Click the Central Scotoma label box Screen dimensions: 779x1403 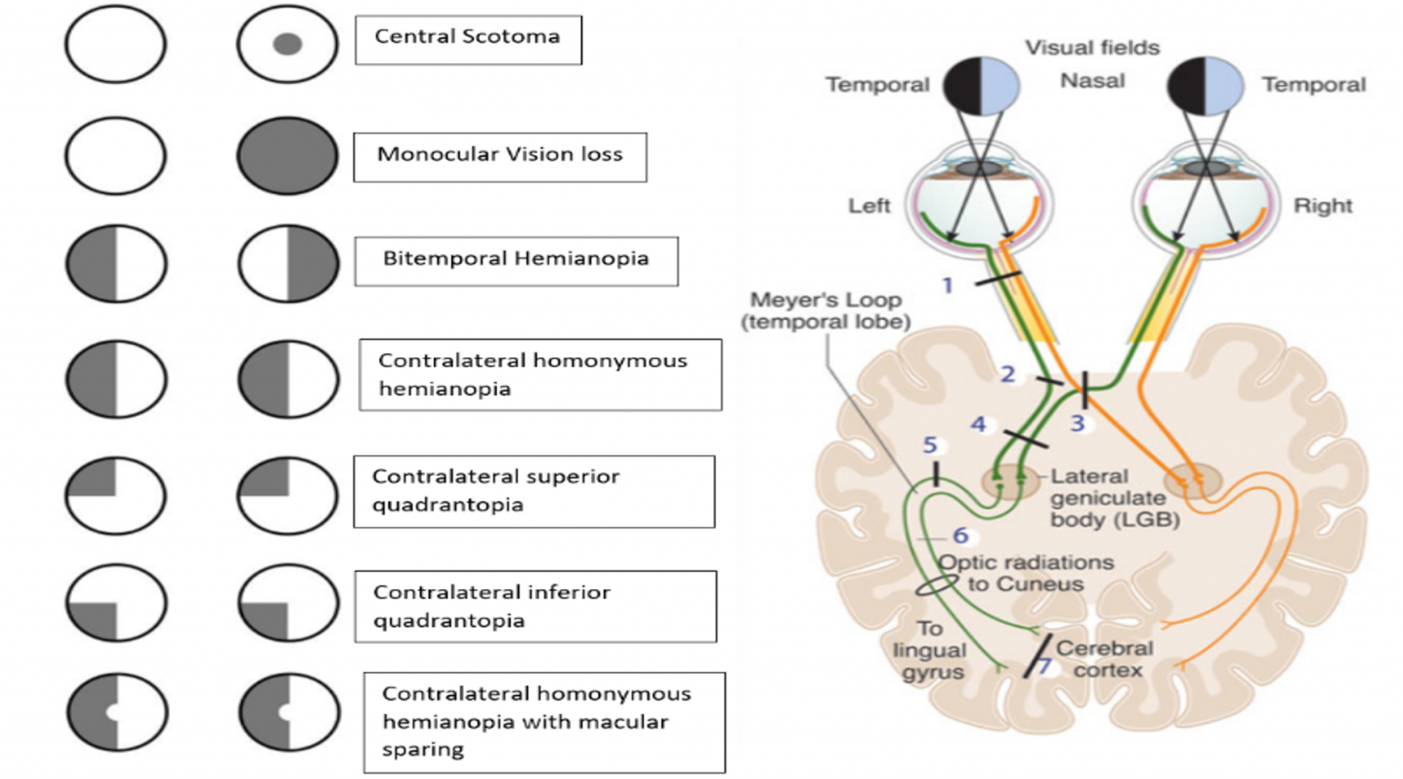tap(468, 39)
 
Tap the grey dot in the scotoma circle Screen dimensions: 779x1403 tap(288, 44)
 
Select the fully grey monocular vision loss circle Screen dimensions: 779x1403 tap(288, 155)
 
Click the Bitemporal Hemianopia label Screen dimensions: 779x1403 tap(516, 260)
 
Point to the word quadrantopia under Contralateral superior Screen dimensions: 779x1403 tap(448, 505)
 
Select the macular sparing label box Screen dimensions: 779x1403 tap(543, 722)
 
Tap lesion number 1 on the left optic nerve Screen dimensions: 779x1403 tap(947, 286)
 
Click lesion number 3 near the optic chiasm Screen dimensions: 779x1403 tap(1078, 423)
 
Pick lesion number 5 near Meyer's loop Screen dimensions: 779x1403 tap(930, 446)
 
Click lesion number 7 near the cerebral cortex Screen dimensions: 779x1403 tap(1043, 667)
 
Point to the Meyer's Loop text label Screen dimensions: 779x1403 tap(826, 311)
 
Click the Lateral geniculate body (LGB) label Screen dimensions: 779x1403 tap(1108, 499)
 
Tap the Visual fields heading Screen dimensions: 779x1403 tap(1092, 47)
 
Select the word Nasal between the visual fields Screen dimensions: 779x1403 tap(1092, 81)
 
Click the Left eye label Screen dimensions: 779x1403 tap(869, 206)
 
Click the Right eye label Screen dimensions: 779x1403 tap(1322, 206)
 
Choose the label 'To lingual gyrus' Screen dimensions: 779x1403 tap(930, 650)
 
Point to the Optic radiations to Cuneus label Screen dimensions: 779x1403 tap(1027, 574)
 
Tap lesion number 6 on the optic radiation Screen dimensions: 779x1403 tap(960, 536)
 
